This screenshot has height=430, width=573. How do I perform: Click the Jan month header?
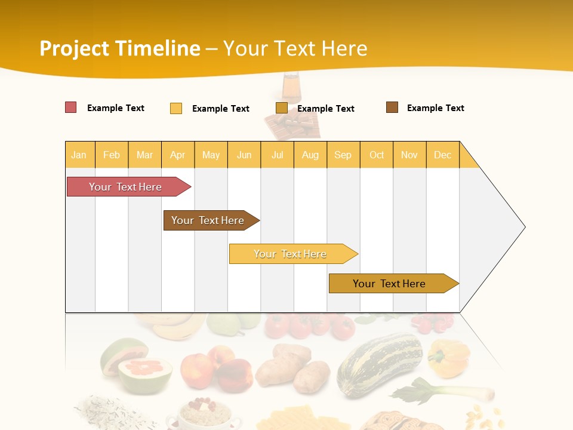[x=79, y=155]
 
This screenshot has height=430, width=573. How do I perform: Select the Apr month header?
[x=178, y=155]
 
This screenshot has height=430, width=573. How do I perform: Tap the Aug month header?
[x=310, y=155]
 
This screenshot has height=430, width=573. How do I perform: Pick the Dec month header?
[x=443, y=155]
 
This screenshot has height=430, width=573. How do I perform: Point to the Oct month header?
[x=377, y=155]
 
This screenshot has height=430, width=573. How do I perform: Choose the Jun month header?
[x=244, y=155]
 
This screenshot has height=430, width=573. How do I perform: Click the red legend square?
[x=70, y=107]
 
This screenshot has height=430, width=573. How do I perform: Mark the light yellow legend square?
[x=175, y=108]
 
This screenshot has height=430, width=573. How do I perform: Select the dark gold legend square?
[x=281, y=108]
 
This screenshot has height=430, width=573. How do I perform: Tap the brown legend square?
[x=392, y=107]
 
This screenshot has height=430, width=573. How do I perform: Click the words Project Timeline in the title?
[x=119, y=48]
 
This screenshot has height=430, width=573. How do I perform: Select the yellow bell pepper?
[x=448, y=358]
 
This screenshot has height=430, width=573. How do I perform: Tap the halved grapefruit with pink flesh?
[x=145, y=373]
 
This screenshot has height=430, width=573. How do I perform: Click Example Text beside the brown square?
[x=435, y=108]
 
